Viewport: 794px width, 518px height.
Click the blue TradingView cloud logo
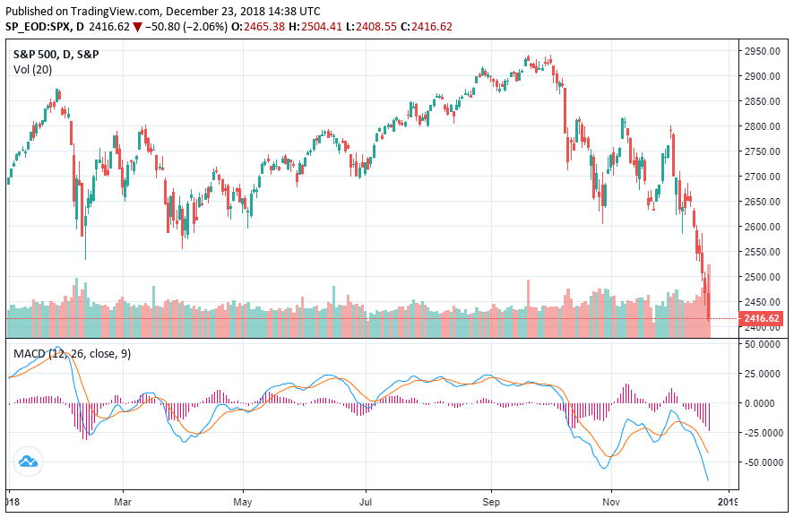(28, 462)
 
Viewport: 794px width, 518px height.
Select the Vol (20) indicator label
(32, 69)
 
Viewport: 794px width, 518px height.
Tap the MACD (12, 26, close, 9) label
(72, 354)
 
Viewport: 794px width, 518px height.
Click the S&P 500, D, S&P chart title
(56, 54)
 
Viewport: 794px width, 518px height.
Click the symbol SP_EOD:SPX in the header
(41, 26)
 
